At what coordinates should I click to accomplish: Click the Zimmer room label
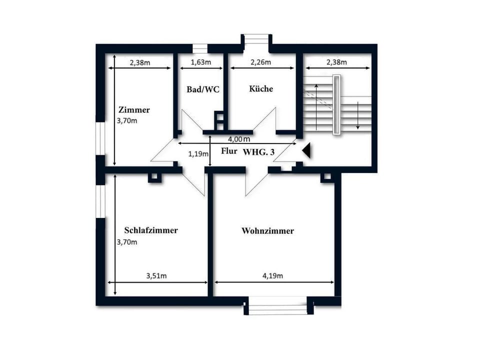coord(134,110)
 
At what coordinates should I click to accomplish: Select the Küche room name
coord(261,88)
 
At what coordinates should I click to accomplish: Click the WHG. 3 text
coord(258,152)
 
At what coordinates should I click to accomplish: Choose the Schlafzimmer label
coord(151,230)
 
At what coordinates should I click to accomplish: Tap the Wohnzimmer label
coord(267,231)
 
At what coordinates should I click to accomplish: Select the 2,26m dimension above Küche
coord(261,62)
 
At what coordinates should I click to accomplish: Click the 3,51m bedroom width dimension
coord(156,275)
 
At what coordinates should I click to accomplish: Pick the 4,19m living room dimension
coord(273,275)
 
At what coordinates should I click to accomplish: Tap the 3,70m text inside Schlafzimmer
coord(126,242)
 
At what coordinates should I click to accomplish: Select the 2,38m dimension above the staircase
coord(337,62)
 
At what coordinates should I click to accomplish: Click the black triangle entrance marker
coord(306,150)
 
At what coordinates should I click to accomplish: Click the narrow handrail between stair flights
coord(337,104)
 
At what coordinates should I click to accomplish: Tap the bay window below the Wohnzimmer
coord(278,306)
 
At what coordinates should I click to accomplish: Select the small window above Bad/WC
coord(200,48)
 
